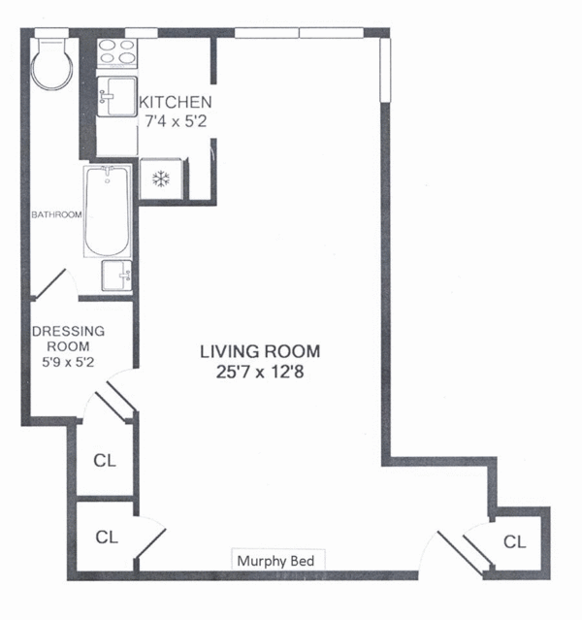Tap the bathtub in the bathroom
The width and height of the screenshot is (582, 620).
(107, 212)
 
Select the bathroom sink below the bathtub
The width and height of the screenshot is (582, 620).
(116, 276)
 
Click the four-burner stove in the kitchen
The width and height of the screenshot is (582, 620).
(117, 51)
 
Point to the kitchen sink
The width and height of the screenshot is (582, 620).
(117, 96)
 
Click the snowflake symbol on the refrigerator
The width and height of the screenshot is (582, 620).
(161, 179)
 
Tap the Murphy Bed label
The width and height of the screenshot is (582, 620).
(275, 561)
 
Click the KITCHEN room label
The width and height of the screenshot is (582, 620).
(176, 103)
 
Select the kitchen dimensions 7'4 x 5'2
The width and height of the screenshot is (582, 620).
(176, 121)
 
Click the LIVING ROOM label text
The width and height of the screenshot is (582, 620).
(260, 351)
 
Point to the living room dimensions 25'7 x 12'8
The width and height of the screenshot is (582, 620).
(260, 372)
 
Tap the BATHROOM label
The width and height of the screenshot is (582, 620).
(56, 214)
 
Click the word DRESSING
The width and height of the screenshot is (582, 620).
(69, 331)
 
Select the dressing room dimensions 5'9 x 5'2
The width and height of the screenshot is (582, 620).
(68, 362)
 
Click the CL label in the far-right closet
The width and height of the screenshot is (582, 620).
(515, 541)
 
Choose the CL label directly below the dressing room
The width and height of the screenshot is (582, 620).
(105, 460)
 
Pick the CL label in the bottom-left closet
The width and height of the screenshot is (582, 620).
(107, 537)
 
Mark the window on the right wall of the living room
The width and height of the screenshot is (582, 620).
(385, 71)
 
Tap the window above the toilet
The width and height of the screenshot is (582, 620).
(51, 33)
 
